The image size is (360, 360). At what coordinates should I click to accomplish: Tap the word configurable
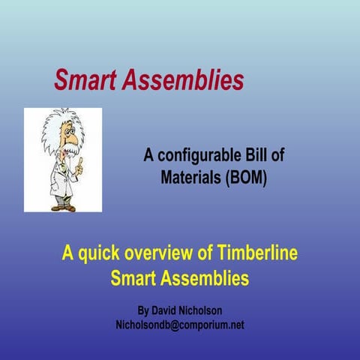point(196,156)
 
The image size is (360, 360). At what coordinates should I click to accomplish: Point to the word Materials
point(189,178)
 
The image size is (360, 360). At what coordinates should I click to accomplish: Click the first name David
point(170,309)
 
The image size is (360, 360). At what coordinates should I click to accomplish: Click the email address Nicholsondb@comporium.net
point(179,325)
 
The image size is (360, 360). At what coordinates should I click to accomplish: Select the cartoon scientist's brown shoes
point(62,205)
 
